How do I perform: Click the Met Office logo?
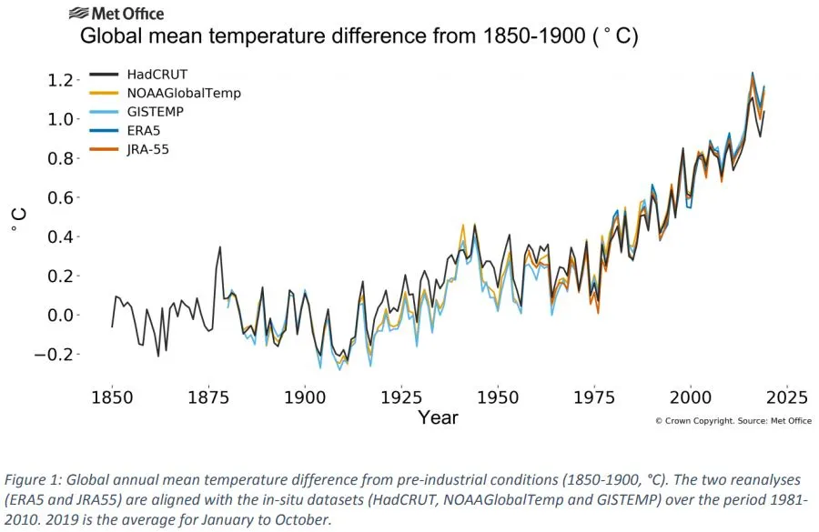point(116,14)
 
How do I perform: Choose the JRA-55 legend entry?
point(149,149)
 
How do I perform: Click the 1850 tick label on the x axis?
point(112,397)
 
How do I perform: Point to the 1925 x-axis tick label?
point(401,397)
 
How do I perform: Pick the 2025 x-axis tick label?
point(787,397)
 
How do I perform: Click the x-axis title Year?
point(438,418)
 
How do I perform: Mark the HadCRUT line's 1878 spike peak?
point(219,247)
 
